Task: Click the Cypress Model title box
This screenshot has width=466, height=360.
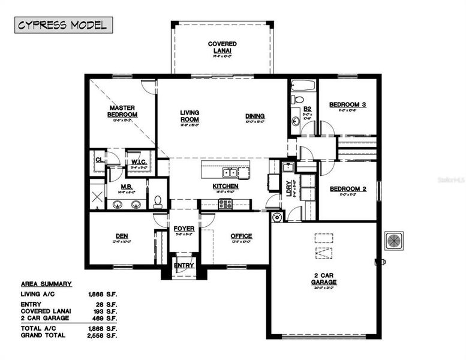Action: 63,25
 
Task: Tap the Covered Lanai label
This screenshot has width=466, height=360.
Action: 222,47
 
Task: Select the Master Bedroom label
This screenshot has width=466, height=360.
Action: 122,111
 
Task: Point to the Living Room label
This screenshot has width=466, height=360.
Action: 190,116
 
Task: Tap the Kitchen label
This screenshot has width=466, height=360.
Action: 225,186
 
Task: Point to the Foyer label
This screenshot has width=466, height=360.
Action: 184,229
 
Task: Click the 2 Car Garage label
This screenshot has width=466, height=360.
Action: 324,278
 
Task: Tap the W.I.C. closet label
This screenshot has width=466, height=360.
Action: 140,162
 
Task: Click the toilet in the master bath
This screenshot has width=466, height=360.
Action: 158,201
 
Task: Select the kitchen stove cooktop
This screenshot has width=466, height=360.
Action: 226,204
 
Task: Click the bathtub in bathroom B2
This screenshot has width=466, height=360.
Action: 303,85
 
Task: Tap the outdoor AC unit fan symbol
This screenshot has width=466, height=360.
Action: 394,240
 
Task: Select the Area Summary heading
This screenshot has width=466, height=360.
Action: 46,284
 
